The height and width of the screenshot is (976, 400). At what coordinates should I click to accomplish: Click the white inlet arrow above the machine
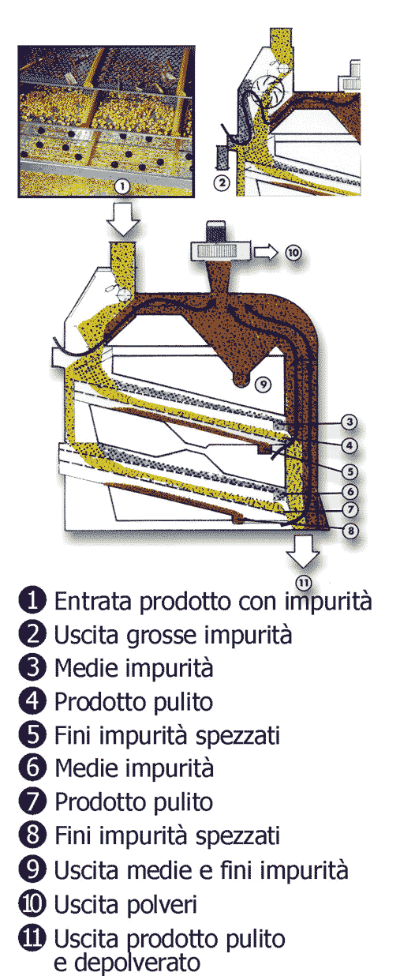point(124,220)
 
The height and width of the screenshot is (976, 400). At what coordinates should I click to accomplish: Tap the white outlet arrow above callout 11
point(303,551)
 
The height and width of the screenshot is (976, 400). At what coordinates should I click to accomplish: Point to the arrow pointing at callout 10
point(266,252)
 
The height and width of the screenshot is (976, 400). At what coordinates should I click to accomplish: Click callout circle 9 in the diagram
point(263,384)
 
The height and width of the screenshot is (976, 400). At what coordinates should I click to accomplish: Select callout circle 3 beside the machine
point(349,422)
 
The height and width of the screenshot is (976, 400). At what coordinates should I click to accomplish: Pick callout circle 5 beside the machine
point(350,471)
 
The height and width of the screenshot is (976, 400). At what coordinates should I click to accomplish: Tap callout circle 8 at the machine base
point(350,531)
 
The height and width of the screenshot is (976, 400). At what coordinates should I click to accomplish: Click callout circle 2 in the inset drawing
point(222,182)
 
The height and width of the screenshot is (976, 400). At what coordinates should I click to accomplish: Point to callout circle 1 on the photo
point(122,187)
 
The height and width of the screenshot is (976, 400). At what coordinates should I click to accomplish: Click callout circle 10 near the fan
point(293,252)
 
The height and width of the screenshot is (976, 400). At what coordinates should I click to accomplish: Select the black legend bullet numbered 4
point(32,701)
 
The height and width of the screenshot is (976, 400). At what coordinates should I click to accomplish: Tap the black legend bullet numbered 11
point(32,937)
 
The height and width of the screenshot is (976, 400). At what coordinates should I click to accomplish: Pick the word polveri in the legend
point(162,905)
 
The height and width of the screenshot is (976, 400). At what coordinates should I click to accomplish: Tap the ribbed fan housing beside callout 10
point(221,252)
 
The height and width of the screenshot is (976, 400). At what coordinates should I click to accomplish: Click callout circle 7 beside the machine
point(350,509)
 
